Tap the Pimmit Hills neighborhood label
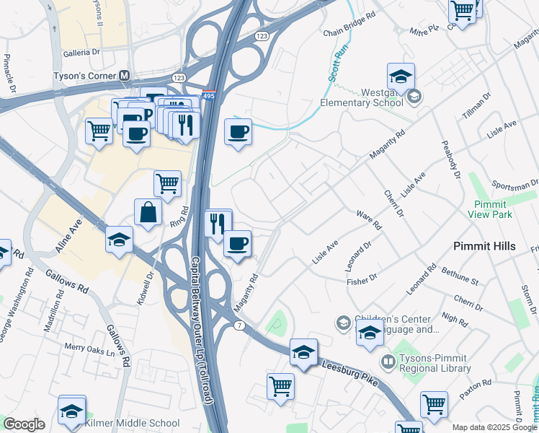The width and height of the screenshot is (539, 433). pyautogui.click(x=484, y=246)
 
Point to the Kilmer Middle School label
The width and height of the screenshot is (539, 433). pyautogui.click(x=132, y=423)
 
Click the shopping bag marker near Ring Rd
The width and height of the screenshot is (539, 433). pyautogui.click(x=148, y=213)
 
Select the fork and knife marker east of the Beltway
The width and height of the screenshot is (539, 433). pyautogui.click(x=218, y=223)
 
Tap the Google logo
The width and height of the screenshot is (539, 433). pyautogui.click(x=24, y=424)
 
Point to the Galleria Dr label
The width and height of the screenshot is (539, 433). pyautogui.click(x=81, y=53)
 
